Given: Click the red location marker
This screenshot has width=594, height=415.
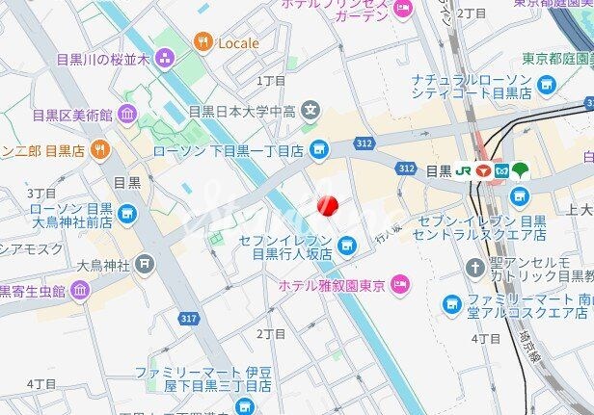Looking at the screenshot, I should pos(328,205).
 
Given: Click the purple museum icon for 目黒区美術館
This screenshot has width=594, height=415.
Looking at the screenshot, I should pos(127,116).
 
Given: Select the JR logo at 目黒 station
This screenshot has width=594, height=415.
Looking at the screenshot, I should pos(463,170).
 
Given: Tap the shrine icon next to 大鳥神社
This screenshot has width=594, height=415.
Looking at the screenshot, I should pos(144,262).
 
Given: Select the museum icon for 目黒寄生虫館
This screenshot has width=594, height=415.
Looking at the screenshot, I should pos(79,289).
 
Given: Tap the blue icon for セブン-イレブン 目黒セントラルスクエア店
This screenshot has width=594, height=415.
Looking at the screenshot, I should pos(521,196).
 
